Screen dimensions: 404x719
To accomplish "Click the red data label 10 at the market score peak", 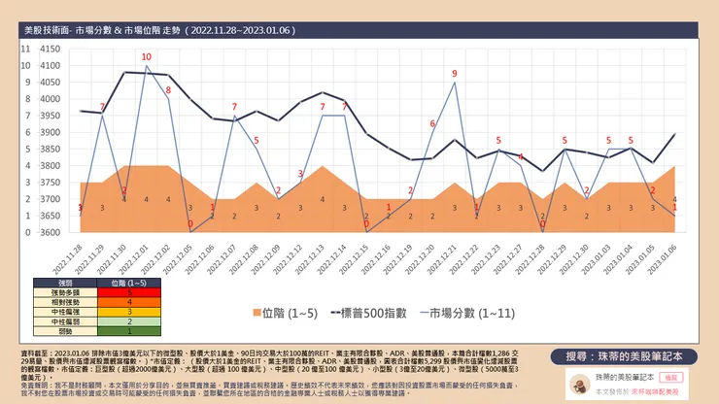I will (146, 57).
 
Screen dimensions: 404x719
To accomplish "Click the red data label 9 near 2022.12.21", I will (454, 74).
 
